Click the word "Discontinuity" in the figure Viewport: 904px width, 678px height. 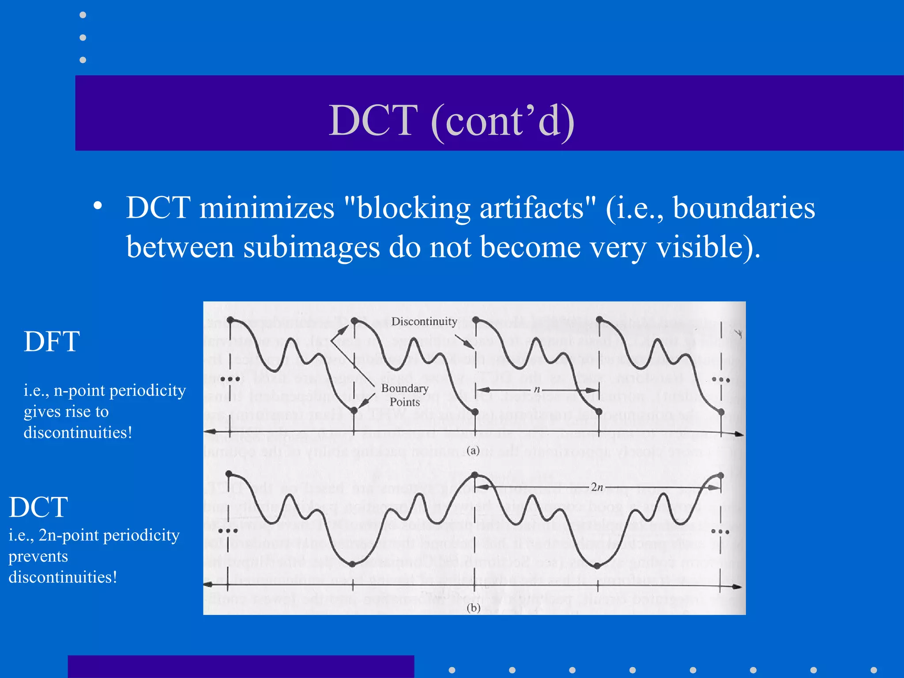pos(424,321)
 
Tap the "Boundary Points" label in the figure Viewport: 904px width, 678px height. pos(405,395)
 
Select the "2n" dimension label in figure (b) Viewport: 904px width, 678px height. pos(597,487)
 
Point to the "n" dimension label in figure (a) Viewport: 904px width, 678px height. pos(537,389)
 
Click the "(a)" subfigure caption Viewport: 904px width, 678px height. pos(473,451)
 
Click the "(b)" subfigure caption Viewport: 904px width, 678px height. pos(473,608)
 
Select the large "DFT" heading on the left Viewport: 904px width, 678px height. pos(52,342)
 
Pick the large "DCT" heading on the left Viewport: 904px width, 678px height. pos(38,507)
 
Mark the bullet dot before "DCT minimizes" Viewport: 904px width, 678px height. pos(98,205)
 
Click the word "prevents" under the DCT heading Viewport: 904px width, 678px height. pos(38,556)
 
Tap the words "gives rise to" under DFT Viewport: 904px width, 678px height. pos(66,411)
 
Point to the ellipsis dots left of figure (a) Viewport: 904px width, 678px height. pos(230,379)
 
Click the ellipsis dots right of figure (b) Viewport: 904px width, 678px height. pos(720,532)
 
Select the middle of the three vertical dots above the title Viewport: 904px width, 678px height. pos(83,38)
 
